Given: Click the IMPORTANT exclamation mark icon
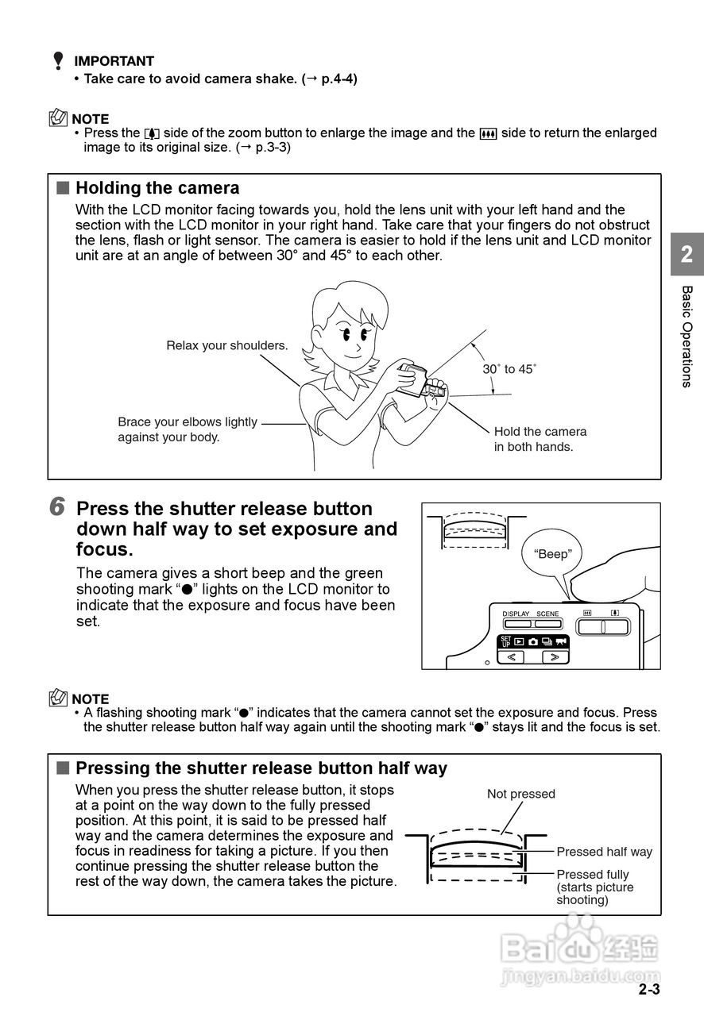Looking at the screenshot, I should pos(58,61).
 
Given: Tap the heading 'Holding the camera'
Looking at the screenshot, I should pos(157,188).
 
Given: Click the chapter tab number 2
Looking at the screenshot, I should pos(687,254).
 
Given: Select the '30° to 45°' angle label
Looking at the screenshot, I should pos(509,369).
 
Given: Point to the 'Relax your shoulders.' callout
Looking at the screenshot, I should pos(226,345).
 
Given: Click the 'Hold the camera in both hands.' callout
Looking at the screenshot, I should pos(540,439).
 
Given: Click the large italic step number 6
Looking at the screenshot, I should pos(57,507).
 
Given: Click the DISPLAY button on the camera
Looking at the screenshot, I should pos(516,622).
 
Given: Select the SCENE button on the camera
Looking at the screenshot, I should pos(547,622).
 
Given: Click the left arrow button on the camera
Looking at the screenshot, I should pos(511,657).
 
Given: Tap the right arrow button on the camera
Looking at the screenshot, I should pos(555,657).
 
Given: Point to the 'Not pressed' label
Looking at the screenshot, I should pos(520,794).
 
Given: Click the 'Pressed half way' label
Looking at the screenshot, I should pos(604,852).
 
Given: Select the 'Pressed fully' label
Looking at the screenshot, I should pos(592,875).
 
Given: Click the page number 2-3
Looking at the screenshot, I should pos(648,989).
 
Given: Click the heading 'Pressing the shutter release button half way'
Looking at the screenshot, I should pos(261,768).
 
